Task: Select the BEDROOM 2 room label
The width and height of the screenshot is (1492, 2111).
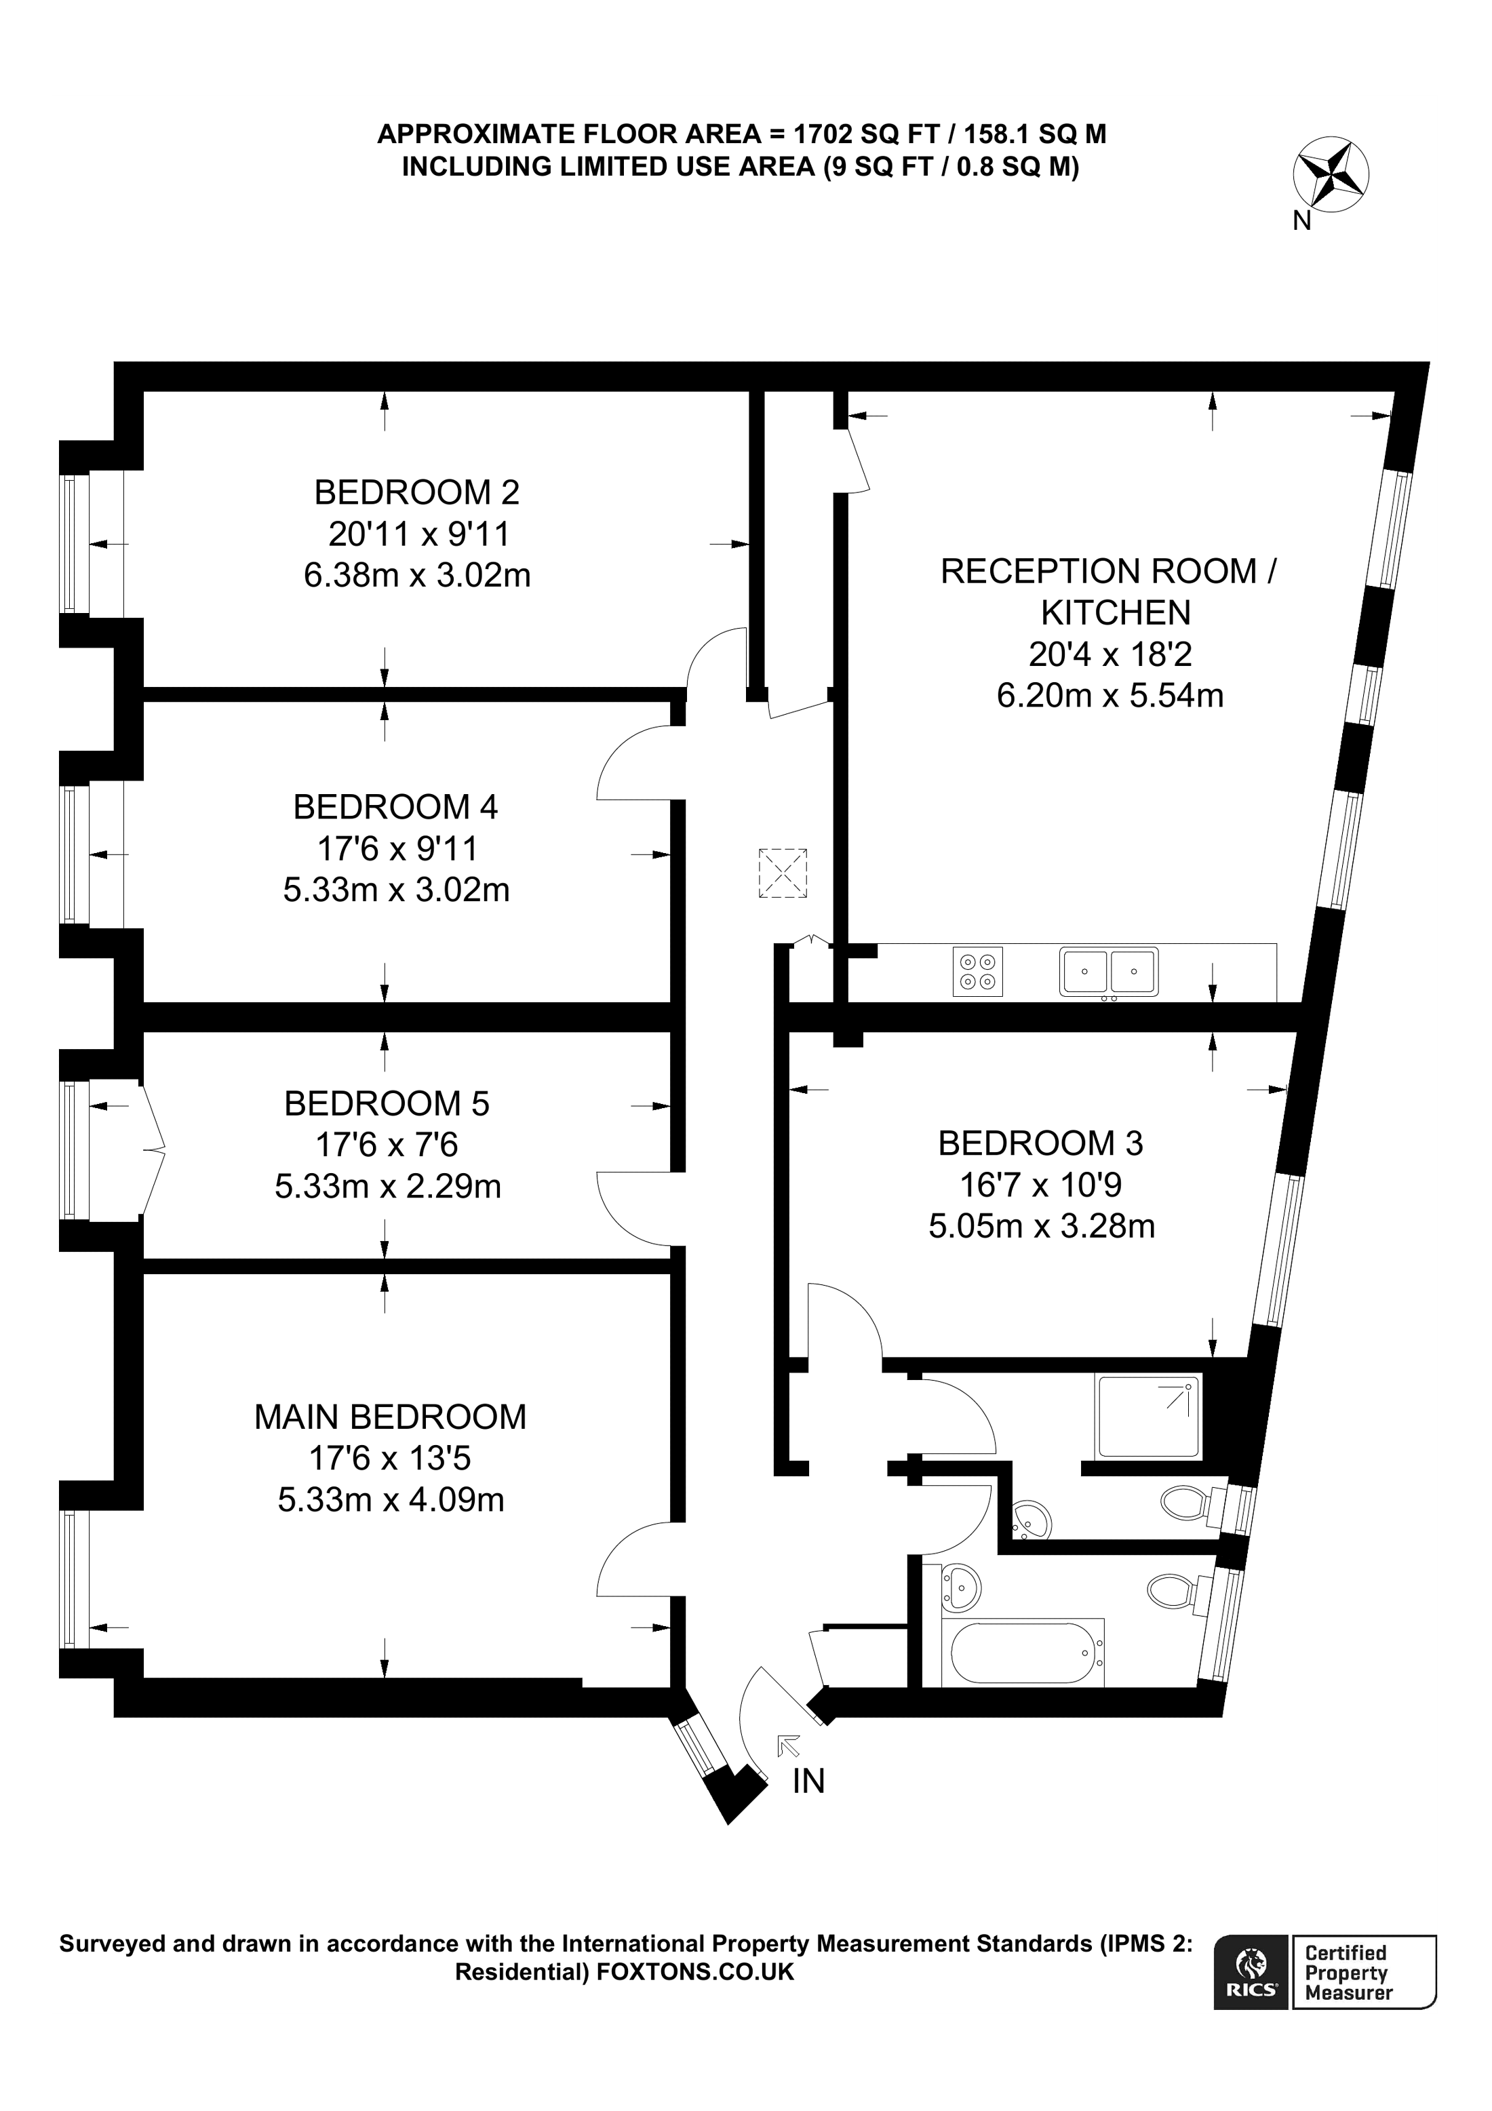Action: (416, 493)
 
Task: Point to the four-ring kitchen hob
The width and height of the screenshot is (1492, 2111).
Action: (977, 972)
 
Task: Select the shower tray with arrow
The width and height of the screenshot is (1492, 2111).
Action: (1148, 1417)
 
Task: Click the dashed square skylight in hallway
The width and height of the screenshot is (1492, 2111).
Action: (783, 873)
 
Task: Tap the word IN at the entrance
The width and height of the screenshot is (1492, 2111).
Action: (808, 1782)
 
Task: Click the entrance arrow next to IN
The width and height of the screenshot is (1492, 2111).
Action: (788, 1745)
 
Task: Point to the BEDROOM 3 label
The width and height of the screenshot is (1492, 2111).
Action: (1040, 1143)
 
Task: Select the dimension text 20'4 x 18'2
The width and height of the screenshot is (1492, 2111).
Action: (1110, 654)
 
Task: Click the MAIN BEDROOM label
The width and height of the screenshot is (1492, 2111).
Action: (390, 1417)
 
